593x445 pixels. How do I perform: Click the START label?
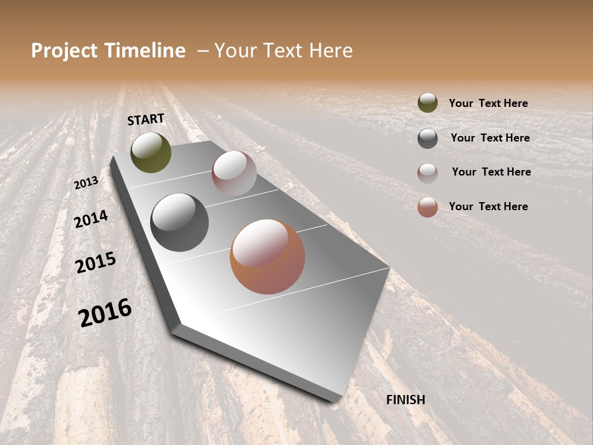click(x=146, y=119)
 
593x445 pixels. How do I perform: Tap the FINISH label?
click(x=406, y=400)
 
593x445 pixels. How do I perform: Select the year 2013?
click(x=86, y=182)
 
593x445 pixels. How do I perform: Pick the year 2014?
click(x=91, y=219)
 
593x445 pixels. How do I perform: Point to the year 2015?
click(x=96, y=263)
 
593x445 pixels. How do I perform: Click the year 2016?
click(x=105, y=312)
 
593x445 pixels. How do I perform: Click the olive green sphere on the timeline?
click(x=151, y=153)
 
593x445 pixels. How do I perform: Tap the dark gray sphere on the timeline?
click(x=179, y=222)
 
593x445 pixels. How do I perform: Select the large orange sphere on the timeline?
click(x=267, y=256)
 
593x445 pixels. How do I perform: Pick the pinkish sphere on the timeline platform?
click(x=234, y=173)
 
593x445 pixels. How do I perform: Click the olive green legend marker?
click(x=427, y=103)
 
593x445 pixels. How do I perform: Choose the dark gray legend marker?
click(x=427, y=138)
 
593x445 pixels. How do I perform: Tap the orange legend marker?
click(x=427, y=207)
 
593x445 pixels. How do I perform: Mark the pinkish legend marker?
click(x=427, y=173)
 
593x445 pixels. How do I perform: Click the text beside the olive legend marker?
click(x=488, y=103)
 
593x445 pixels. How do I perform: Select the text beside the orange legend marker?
click(x=488, y=206)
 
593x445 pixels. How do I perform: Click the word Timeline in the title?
click(x=145, y=51)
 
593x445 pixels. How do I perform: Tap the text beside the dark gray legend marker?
click(x=490, y=138)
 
